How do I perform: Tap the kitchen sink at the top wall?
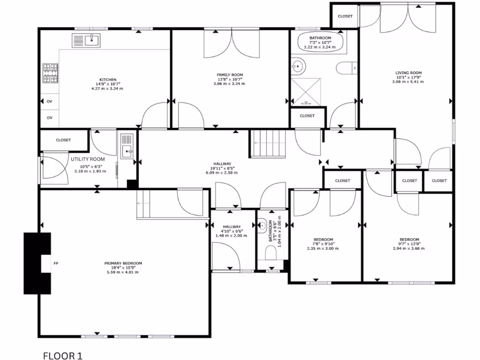[86, 41]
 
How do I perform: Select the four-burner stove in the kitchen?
[49, 74]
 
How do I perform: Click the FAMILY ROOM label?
[230, 75]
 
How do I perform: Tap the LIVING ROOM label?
[408, 73]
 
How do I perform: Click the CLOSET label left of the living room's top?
[345, 16]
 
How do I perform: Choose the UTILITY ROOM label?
[88, 159]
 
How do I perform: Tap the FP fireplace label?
[56, 263]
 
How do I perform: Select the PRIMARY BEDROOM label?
[123, 263]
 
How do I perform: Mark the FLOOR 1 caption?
[62, 356]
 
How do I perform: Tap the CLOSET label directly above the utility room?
[63, 140]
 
